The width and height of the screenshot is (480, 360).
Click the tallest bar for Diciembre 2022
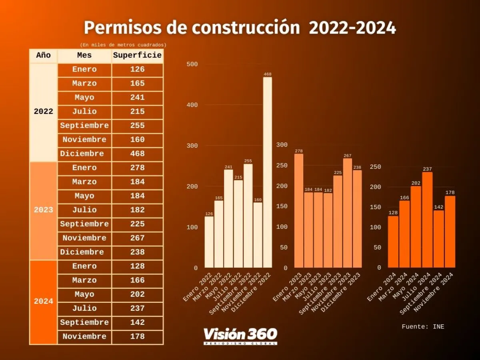pos(267,172)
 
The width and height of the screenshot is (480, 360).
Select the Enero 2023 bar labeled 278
pos(299,210)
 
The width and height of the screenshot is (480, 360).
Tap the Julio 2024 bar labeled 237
pos(427,220)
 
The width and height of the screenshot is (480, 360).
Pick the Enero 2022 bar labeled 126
pos(209,242)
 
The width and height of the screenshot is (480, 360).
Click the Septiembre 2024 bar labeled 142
pos(439,239)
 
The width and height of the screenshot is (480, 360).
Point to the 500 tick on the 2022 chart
pos(192,64)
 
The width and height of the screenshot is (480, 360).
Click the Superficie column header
pos(137,56)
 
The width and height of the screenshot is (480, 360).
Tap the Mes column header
pos(84,56)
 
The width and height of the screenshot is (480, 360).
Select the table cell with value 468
pos(137,154)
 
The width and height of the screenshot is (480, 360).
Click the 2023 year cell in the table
pos(44,210)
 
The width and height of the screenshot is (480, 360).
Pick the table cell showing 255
pos(137,126)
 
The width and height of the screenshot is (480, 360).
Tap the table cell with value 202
pos(137,294)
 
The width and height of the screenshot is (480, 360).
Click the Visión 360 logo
pos(240,335)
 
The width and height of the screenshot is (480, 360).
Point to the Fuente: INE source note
pos(423,327)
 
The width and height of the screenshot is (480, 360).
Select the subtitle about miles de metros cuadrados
pos(123,45)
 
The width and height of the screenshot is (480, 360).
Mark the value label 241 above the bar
pos(228,167)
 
